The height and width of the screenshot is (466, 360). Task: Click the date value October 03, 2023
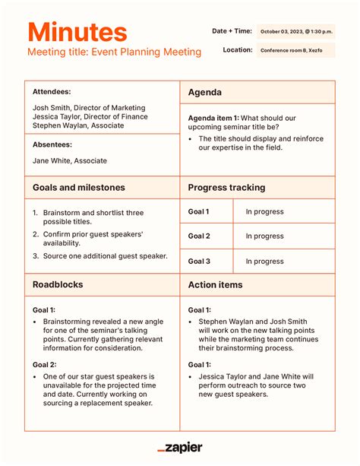click(295, 31)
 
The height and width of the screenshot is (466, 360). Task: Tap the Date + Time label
click(232, 30)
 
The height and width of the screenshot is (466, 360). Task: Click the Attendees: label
click(52, 91)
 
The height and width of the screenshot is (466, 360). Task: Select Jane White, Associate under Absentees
click(70, 160)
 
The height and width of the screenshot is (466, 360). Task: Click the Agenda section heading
click(205, 92)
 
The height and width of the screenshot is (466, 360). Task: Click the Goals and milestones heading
click(79, 187)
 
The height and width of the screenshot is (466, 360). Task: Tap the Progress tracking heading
click(226, 187)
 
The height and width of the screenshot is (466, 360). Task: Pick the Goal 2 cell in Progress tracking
click(199, 236)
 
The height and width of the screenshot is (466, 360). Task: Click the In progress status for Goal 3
click(264, 261)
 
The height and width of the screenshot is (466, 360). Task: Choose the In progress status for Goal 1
click(264, 212)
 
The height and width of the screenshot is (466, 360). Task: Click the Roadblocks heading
click(58, 285)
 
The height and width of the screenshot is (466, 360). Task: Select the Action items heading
click(216, 285)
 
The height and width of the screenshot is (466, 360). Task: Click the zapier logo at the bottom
click(180, 448)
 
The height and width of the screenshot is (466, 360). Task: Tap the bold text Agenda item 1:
click(213, 118)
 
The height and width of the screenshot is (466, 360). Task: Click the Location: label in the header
click(238, 49)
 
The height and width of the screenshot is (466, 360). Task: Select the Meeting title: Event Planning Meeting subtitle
click(115, 52)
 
